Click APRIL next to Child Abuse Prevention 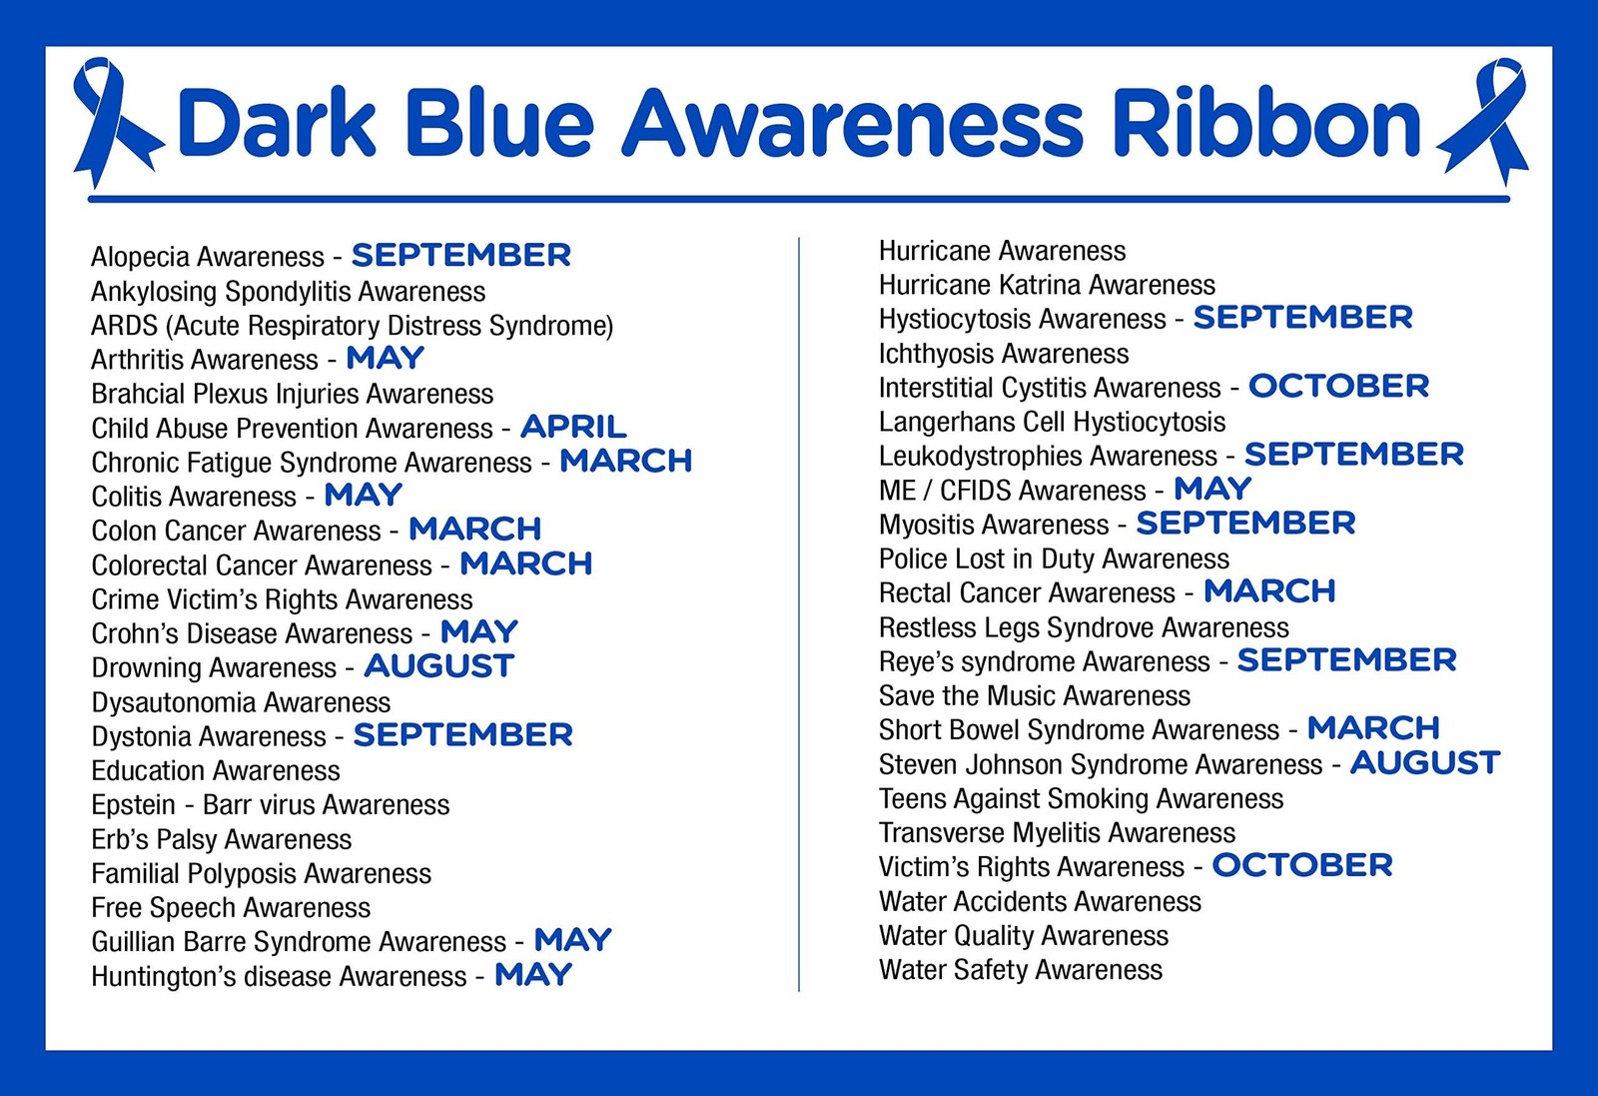point(573,427)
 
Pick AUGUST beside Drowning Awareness point(438,666)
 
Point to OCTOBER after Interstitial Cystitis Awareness point(1338,386)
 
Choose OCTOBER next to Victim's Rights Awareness point(1302,865)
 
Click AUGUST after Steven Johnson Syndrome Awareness point(1424,762)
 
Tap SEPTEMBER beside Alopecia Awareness point(460,255)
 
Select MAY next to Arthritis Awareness point(386,358)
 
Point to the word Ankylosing point(154,292)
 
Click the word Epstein point(134,805)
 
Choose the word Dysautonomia point(174,702)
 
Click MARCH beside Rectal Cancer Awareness point(1269,590)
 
